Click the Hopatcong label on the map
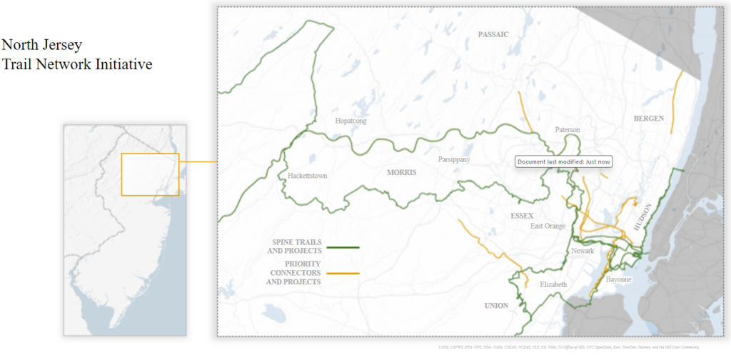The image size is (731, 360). [x=351, y=121]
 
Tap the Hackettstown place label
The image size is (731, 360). [x=307, y=176]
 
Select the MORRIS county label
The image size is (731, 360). [x=401, y=172]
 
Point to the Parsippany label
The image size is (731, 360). [x=455, y=159]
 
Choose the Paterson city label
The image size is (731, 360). [x=568, y=130]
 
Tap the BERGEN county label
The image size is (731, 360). [x=649, y=118]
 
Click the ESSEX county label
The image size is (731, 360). [x=523, y=215]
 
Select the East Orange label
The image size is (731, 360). [x=548, y=226]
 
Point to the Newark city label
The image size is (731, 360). [x=583, y=251]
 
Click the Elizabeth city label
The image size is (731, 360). [x=553, y=285]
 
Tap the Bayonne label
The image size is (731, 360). [x=618, y=279]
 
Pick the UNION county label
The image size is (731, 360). [x=496, y=306]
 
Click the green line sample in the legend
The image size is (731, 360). [x=343, y=247]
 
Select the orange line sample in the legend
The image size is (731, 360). [x=343, y=274]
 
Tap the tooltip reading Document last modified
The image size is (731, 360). [x=563, y=161]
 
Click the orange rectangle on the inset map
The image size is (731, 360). [x=149, y=174]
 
